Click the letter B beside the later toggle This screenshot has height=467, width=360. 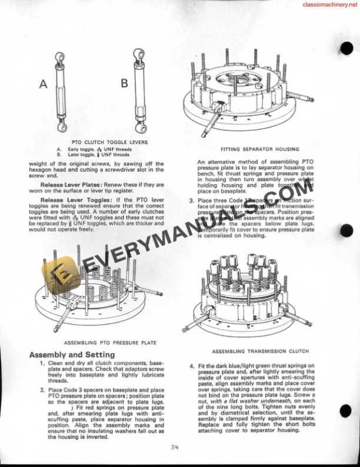124,84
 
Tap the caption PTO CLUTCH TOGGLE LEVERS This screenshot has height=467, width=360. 109,142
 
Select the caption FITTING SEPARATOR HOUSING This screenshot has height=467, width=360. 259,149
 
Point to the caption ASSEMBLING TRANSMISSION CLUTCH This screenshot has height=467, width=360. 260,351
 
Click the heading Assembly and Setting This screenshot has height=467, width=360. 72,355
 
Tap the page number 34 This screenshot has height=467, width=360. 175,448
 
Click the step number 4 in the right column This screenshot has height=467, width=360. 192,365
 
